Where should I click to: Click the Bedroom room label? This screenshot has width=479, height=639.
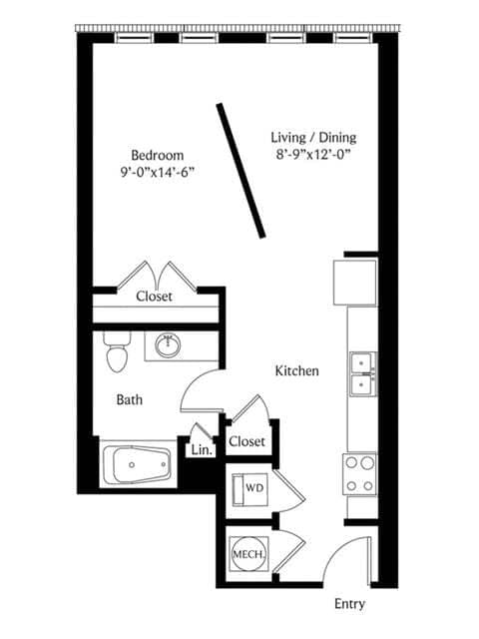[x=158, y=156]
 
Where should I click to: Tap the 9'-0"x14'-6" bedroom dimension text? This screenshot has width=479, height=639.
[x=157, y=173]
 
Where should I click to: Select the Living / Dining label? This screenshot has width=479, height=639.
[x=313, y=138]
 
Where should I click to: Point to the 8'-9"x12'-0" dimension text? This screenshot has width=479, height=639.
[x=313, y=155]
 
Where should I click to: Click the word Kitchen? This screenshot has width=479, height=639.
[x=297, y=370]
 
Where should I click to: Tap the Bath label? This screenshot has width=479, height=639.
[x=130, y=399]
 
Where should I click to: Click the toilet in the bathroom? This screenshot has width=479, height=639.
[x=117, y=352]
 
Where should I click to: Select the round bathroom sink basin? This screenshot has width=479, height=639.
[x=168, y=346]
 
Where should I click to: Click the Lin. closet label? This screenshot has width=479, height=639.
[x=202, y=450]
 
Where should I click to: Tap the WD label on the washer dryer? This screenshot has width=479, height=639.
[x=254, y=488]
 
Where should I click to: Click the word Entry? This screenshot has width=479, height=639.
[x=349, y=604]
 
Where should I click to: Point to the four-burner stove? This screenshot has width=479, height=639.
[x=359, y=474]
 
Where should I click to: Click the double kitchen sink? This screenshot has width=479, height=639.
[x=363, y=374]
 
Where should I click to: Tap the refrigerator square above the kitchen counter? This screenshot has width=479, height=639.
[x=355, y=283]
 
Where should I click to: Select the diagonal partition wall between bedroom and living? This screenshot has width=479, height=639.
[x=240, y=171]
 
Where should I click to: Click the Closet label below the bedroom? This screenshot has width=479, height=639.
[x=154, y=297]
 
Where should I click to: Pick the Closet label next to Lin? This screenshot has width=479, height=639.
[x=246, y=441]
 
